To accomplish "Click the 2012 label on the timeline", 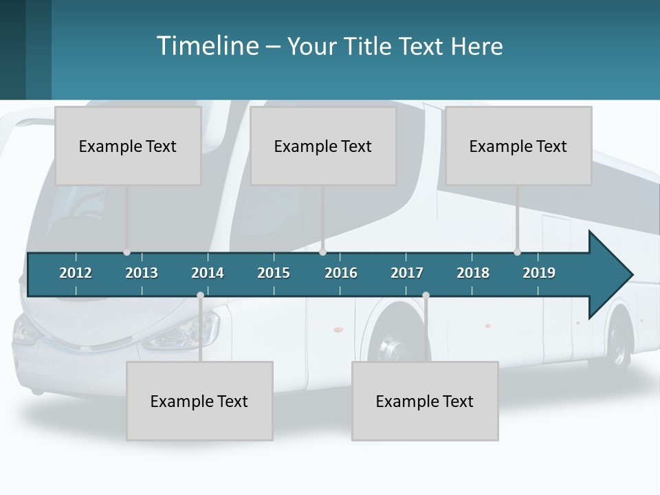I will click(x=76, y=273).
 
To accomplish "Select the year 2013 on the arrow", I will click(x=142, y=273).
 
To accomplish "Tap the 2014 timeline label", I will click(x=208, y=273).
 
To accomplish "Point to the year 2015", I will click(x=274, y=273).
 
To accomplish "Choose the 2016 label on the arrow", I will click(x=341, y=273).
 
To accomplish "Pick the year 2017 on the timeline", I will click(x=407, y=273).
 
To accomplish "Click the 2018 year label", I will click(x=473, y=273).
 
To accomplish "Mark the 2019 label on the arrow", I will click(x=539, y=273).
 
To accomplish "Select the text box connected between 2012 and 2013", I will click(x=128, y=146).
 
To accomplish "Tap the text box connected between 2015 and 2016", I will click(x=323, y=146).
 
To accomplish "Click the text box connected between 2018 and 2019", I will click(x=518, y=146).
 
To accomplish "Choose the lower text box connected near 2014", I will click(x=199, y=401).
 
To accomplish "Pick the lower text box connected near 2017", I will click(x=425, y=401).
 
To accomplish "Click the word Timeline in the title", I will click(x=207, y=46).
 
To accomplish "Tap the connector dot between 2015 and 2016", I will click(x=323, y=252).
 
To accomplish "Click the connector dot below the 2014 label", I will click(x=200, y=295).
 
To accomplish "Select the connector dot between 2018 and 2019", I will click(x=517, y=252).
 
